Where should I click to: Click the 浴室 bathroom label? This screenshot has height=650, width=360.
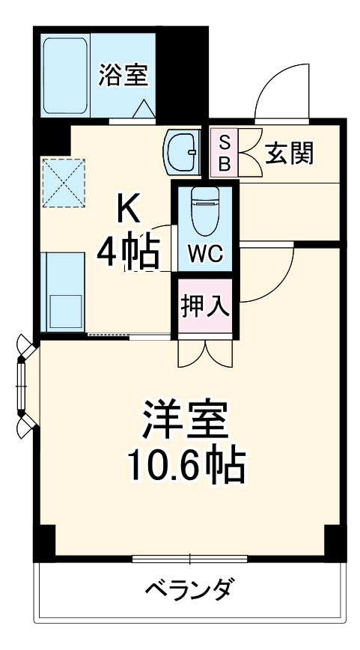tap(124, 74)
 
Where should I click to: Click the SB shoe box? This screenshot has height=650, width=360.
tap(224, 152)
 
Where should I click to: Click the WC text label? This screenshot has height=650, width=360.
tap(204, 254)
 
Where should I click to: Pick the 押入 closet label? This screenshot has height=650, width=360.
tap(204, 307)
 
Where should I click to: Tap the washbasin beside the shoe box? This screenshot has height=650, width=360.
tap(180, 152)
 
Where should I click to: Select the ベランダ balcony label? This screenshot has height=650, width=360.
tap(188, 589)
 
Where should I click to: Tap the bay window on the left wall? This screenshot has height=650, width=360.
tap(25, 385)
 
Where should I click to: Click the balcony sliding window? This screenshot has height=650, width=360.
tap(189, 558)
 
